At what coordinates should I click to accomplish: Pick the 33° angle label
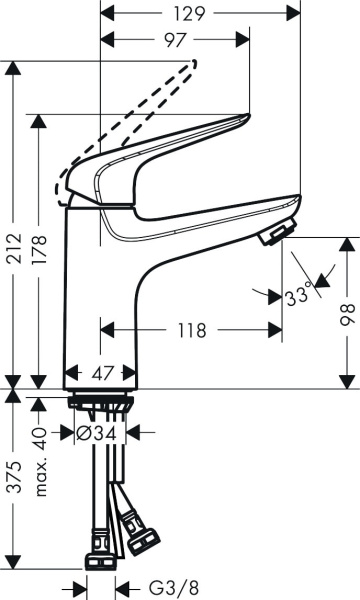pyautogui.click(x=298, y=295)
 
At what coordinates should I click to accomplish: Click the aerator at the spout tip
pyautogui.click(x=272, y=236)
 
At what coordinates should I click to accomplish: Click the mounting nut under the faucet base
pyautogui.click(x=99, y=403)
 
